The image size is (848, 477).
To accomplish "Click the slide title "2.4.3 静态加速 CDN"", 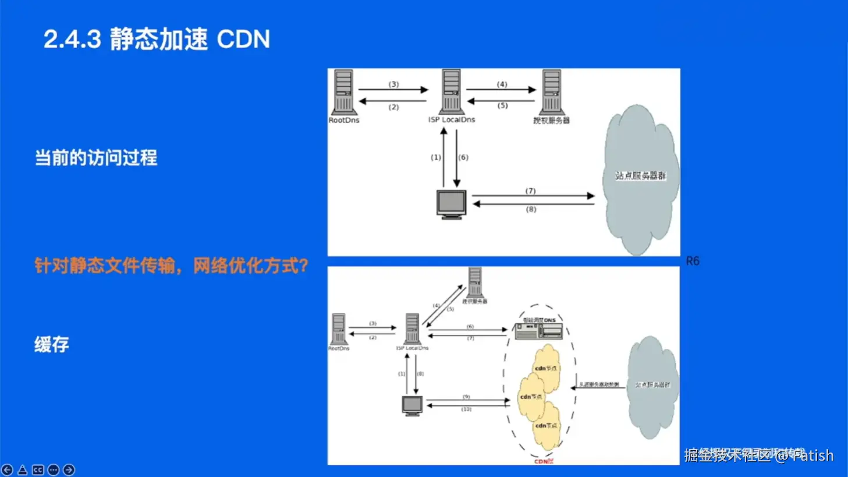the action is pos(157,40).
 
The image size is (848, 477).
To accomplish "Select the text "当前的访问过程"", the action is pos(96,158).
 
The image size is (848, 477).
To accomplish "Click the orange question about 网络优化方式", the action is pos(171,266).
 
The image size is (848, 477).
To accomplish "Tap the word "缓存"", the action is pos(52,344).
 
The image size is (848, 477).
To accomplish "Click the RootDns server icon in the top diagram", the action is pos(343,92).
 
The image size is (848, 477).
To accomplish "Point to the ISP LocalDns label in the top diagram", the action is pos(452,120).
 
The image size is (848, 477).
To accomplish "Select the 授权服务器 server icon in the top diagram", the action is pos(551,92).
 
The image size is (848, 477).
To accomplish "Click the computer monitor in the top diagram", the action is pos(451,204).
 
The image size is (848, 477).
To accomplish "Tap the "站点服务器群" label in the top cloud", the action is pos(640,175).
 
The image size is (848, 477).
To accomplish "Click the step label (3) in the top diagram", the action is pos(394,84).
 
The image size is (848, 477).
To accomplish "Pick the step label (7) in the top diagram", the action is pos(530,191).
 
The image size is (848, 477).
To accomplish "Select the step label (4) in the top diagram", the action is pos(502,84).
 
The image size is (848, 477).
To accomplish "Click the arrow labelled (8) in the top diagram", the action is pos(533,204).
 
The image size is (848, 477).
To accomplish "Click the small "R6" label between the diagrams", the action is pos(693,261).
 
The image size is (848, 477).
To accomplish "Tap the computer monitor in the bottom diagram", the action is pos(412,405).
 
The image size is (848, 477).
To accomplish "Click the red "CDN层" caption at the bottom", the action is pos(544,461).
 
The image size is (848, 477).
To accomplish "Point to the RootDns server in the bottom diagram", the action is pos(339,329).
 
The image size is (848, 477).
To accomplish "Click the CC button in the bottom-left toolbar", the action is pos(38,469).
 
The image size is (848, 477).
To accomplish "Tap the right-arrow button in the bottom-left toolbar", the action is pos(69,469).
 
